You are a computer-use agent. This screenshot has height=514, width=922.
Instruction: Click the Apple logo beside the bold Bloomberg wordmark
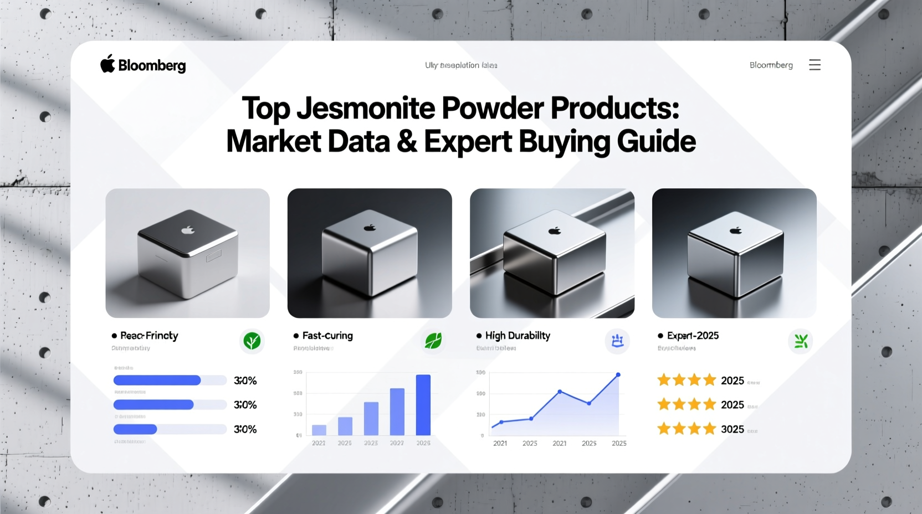[x=107, y=64]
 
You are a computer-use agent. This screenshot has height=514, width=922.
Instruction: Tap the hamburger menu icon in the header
[x=815, y=65]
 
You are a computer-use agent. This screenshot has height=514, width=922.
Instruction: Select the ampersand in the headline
[x=407, y=142]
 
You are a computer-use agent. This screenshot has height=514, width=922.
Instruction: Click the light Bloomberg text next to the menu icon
[x=771, y=65]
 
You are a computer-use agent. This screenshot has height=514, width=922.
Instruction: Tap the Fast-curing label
[x=327, y=336]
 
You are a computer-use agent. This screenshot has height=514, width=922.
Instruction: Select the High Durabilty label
[x=518, y=336]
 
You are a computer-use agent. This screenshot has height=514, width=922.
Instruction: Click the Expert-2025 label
[x=693, y=336]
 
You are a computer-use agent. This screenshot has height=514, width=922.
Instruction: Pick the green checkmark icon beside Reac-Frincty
[x=252, y=341]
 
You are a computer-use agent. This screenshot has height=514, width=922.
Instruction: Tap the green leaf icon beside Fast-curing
[x=433, y=341]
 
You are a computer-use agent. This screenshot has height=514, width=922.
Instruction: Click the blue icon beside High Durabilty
[x=617, y=341]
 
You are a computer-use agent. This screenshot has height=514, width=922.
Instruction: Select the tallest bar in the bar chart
[x=423, y=405]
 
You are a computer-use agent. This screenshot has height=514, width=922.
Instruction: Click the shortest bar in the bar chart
[x=319, y=430]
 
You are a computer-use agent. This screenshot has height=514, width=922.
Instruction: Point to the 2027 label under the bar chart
[x=397, y=443]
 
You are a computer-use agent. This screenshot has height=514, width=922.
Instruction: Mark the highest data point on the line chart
[x=618, y=375]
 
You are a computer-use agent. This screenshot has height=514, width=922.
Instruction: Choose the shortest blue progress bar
[x=135, y=429]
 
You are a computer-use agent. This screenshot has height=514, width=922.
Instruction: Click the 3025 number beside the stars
[x=732, y=429]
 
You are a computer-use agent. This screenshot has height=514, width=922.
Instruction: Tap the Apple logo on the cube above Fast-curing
[x=370, y=228]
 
